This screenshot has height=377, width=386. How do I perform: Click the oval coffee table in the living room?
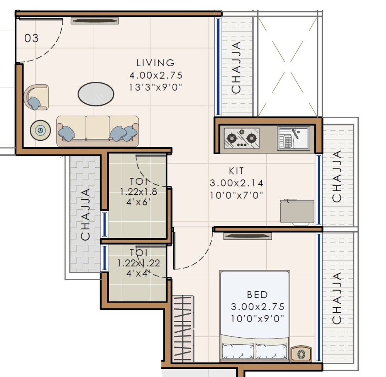(96, 94)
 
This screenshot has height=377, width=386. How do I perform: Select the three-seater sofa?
(97, 131)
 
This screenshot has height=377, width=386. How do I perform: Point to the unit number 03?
(32, 39)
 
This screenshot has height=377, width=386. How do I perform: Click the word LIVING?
(156, 63)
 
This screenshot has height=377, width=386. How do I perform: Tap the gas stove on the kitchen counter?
(242, 138)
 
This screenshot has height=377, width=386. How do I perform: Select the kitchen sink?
(293, 138)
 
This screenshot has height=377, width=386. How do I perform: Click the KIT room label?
(236, 171)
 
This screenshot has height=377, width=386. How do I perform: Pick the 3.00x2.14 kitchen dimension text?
(236, 183)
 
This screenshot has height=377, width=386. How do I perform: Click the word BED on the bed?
(257, 295)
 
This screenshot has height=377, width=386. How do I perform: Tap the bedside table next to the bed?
(301, 353)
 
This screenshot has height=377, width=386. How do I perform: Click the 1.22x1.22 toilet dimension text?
(139, 263)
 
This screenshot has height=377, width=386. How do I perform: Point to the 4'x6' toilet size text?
(138, 201)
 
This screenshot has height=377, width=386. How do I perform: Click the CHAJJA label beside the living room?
(236, 67)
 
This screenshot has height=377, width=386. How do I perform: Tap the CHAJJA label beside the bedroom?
(337, 298)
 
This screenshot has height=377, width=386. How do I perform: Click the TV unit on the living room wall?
(95, 21)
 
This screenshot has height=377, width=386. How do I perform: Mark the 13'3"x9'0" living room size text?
(156, 88)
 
